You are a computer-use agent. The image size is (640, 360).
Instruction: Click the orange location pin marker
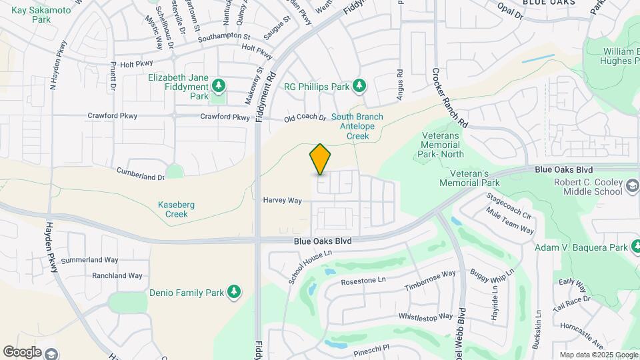point(320,160)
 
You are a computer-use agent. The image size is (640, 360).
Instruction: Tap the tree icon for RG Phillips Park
point(359,86)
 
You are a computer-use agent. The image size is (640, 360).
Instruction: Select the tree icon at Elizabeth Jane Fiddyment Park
point(218,87)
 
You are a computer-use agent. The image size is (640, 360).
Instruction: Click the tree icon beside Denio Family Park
point(233,292)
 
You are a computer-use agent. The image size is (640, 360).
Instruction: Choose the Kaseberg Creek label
point(176,209)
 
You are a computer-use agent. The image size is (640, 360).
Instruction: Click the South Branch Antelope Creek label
point(357,126)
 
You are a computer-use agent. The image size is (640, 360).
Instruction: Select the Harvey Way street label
point(282,200)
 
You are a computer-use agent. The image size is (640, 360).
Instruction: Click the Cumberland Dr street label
point(140,177)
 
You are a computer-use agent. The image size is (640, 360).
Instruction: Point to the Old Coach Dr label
point(305,119)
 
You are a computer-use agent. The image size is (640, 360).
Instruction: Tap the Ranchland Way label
point(117,275)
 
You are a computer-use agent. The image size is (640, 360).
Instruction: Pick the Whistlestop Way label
point(425,317)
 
